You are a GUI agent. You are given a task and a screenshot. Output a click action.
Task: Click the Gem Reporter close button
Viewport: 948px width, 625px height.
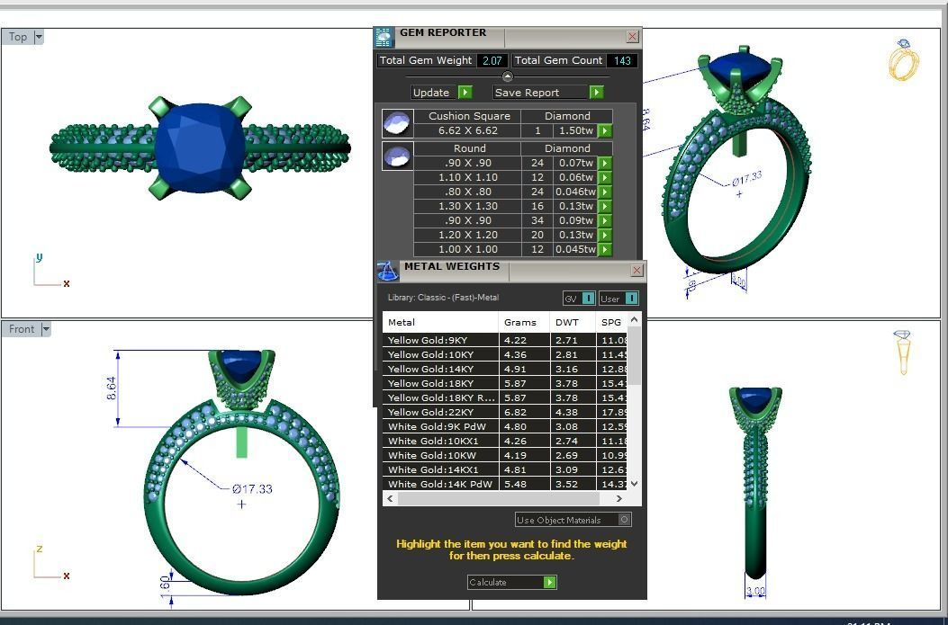click(x=632, y=37)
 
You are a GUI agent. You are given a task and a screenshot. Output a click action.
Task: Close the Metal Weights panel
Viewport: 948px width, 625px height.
click(x=637, y=271)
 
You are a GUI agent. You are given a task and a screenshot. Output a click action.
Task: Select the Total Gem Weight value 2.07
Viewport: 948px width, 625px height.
click(x=492, y=60)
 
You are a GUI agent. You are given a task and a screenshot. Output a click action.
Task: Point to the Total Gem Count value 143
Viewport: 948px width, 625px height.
click(x=620, y=60)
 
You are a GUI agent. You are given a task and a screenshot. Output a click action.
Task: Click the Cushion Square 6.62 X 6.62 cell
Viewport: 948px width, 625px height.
click(x=468, y=130)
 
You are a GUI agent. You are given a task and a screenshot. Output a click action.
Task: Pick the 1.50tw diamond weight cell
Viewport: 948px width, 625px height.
click(x=575, y=130)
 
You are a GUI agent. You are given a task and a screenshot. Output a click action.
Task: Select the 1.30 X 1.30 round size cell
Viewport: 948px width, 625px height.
click(x=468, y=206)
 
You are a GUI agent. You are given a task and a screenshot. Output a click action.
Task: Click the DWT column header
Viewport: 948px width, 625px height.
click(x=567, y=322)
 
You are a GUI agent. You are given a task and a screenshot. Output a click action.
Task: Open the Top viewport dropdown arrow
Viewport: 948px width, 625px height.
click(x=39, y=37)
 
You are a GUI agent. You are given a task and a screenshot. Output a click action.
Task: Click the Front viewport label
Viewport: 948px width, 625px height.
click(x=22, y=329)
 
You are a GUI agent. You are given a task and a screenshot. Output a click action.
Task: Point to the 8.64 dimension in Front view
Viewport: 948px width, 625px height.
click(x=113, y=388)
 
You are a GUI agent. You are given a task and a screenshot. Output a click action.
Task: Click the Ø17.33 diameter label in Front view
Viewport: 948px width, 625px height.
click(x=251, y=489)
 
